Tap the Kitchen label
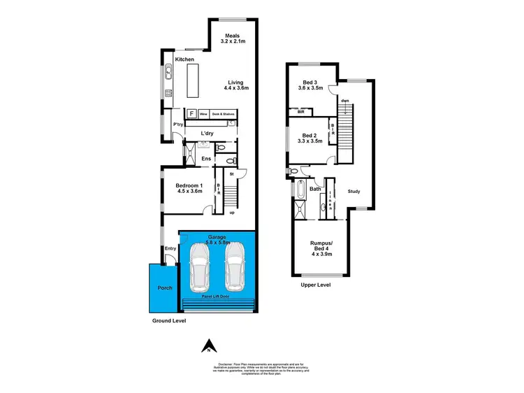(184, 59)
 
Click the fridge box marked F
(191, 113)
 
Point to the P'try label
(177, 124)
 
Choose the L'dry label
(207, 134)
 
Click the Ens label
(206, 159)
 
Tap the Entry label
(170, 248)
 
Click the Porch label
(165, 287)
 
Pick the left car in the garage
(199, 268)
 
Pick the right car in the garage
(235, 266)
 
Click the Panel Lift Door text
(217, 296)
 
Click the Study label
(354, 192)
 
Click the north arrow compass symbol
(207, 345)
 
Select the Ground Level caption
(170, 321)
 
